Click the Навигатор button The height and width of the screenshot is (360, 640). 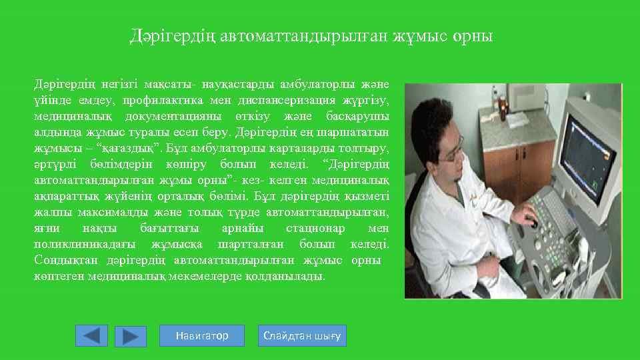(x=202, y=335)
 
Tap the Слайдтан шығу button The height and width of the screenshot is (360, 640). (x=302, y=335)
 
